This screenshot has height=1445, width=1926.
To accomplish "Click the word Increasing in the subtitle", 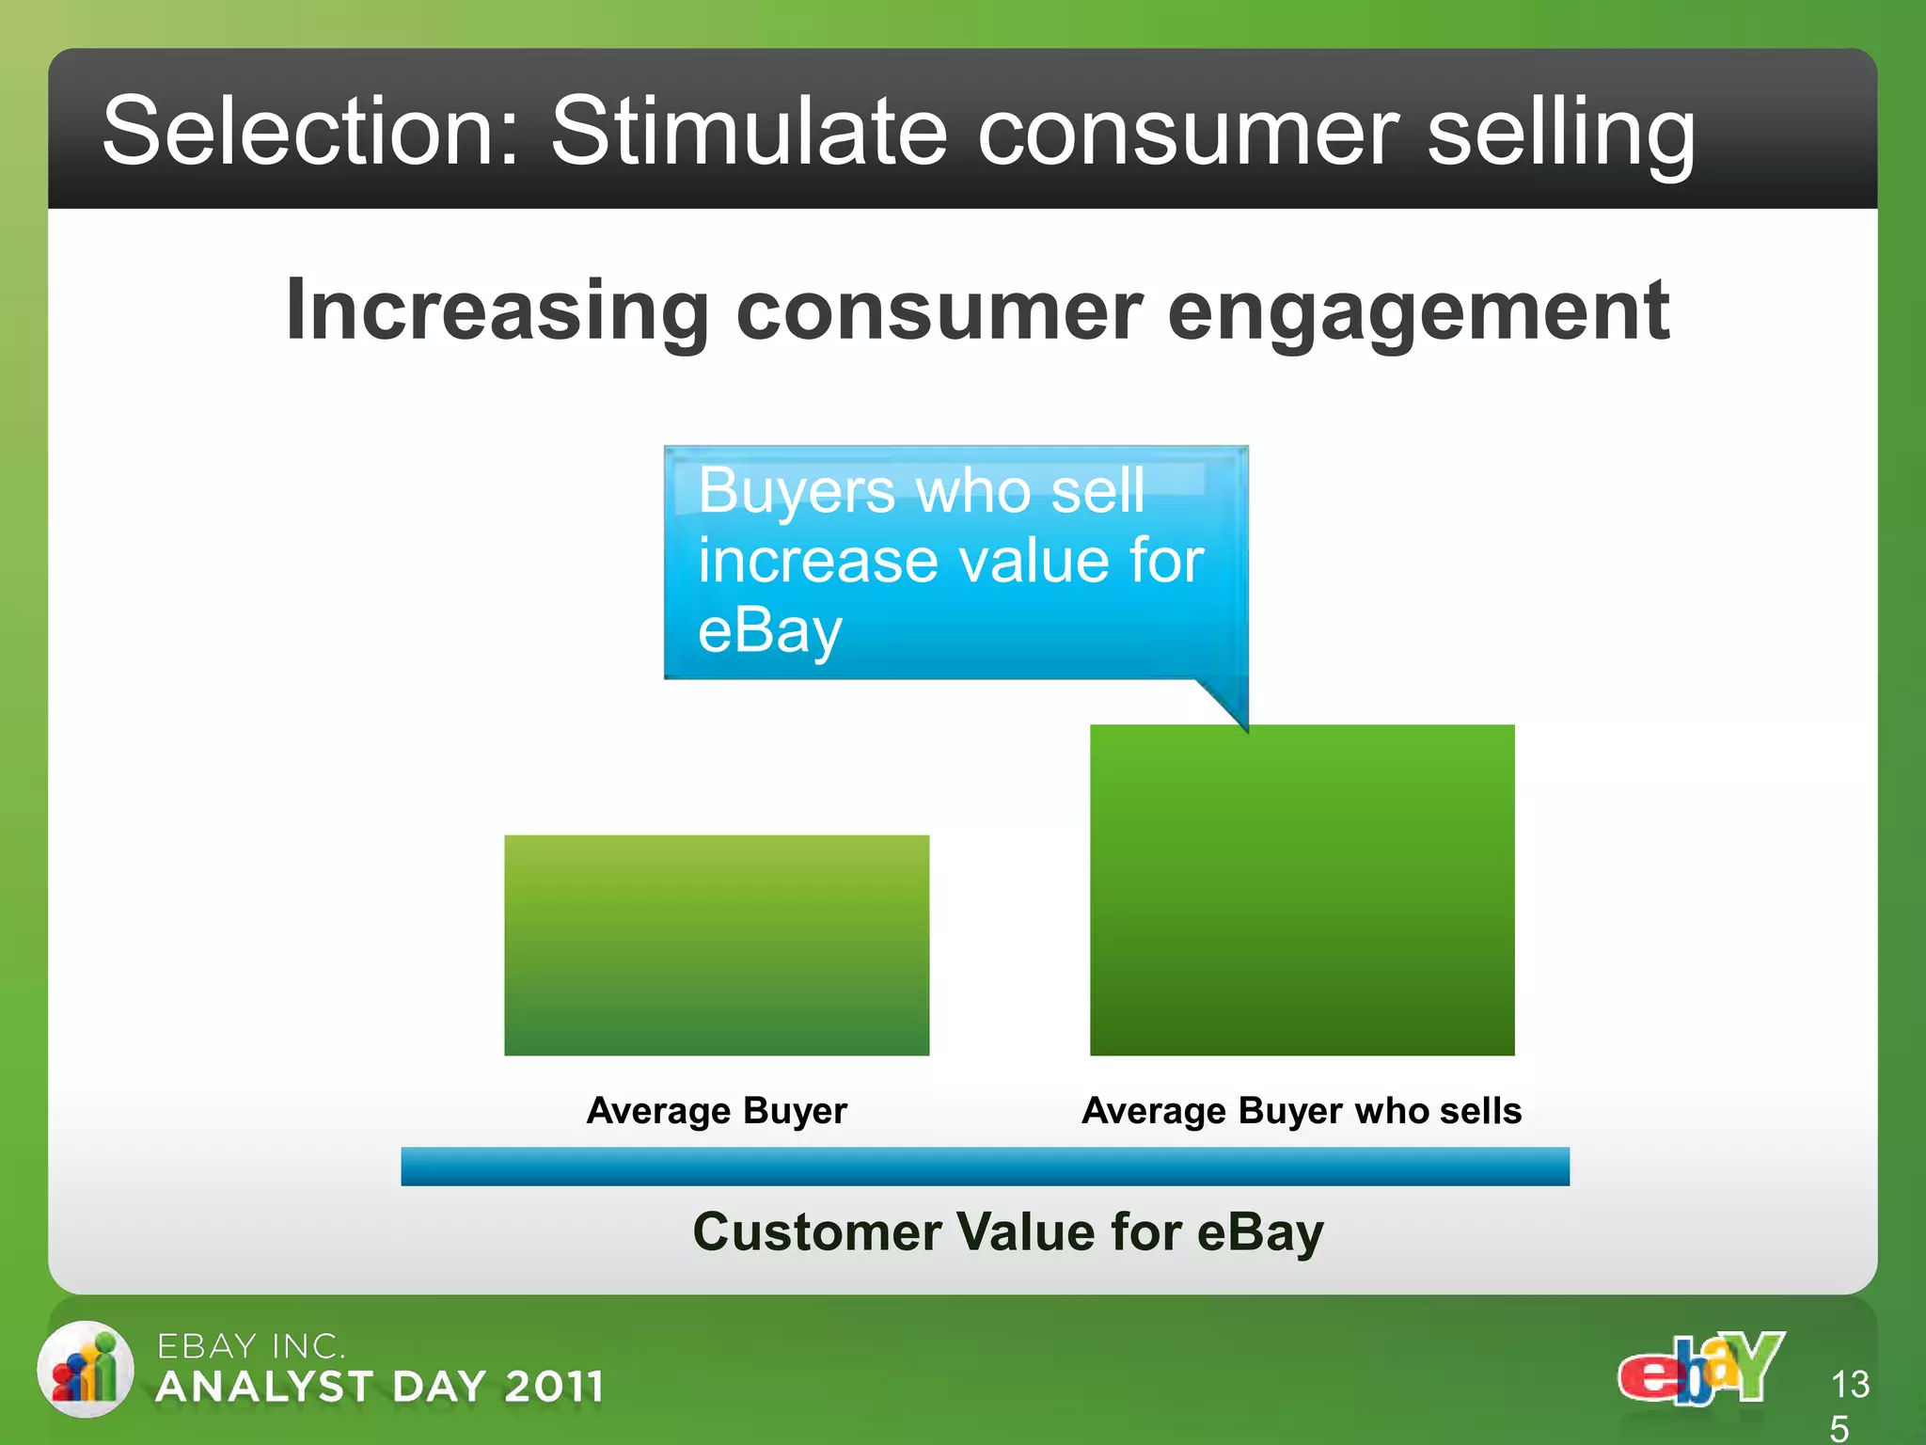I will pos(497,312).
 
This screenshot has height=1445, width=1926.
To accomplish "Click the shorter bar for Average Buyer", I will pos(717,945).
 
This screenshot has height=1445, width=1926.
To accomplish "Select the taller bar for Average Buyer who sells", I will pos(1302,890).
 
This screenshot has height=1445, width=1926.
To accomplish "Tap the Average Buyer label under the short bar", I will pos(717,1111).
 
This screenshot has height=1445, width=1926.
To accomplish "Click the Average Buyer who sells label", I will pos(1302,1111).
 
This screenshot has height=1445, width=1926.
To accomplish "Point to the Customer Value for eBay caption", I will pos(1008,1231).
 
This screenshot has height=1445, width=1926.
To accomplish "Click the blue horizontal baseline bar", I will pos(985,1167).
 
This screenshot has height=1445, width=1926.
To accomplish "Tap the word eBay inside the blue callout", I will pos(769,631).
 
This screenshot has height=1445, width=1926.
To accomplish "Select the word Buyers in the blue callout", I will pos(796,491).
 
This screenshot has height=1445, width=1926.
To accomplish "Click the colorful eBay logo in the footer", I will pos(1700,1369).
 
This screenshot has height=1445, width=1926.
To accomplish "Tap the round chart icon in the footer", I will pos(86,1370).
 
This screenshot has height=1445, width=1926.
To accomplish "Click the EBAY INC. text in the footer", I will pos(251,1346).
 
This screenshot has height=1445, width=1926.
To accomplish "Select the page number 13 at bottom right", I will pos(1850,1385).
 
